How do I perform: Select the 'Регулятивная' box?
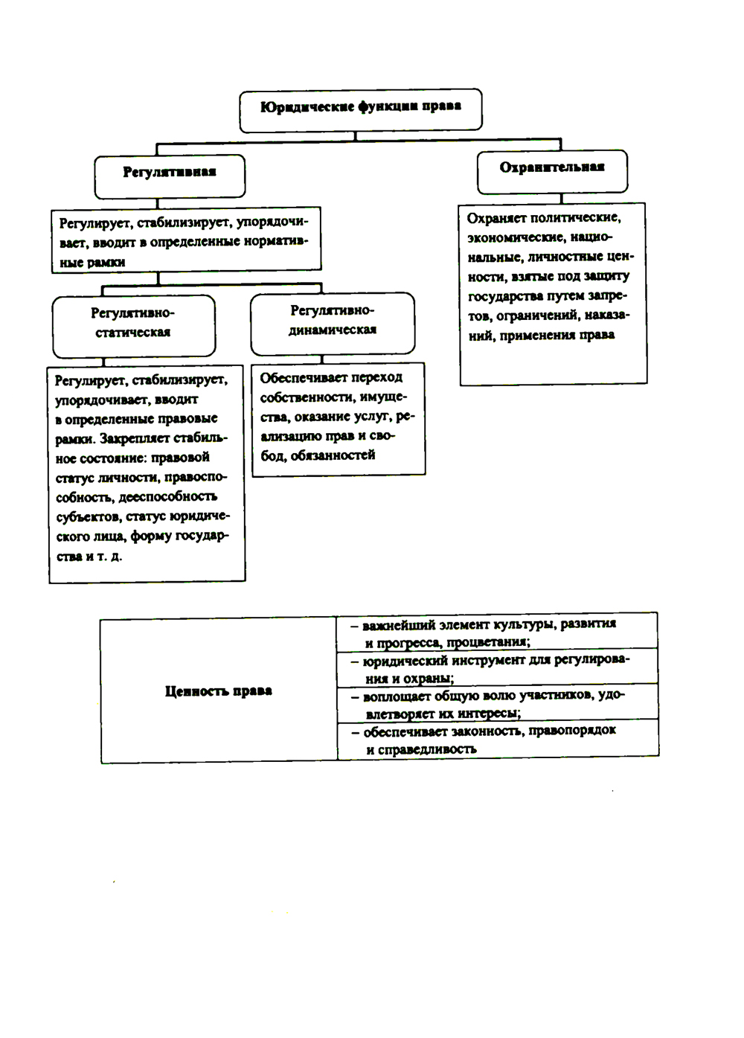click(x=170, y=173)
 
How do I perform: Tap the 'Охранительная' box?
click(x=552, y=168)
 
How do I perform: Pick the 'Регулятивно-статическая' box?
click(x=133, y=323)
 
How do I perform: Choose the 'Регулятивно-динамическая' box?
click(x=333, y=321)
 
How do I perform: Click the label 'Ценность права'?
click(x=218, y=691)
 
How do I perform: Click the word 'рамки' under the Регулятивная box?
click(x=106, y=262)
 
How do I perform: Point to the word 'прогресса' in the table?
click(x=408, y=642)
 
